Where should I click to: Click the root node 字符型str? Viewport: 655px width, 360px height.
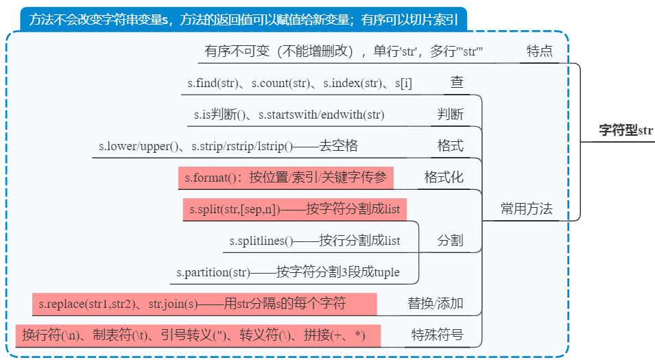pos(626,130)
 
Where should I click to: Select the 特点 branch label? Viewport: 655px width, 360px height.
pos(539,51)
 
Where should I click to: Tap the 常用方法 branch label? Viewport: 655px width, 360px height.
pos(526,209)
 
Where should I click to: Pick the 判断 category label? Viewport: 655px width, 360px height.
pos(451,115)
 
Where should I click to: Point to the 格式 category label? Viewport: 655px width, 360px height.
pos(451,146)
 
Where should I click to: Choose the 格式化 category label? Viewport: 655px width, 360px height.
pos(444,178)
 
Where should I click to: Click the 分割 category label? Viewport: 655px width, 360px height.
pos(451,241)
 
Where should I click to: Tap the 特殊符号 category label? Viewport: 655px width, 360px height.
pos(437,335)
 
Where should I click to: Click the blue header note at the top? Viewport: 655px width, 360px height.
pos(243,20)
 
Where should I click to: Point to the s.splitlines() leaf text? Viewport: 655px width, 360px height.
pos(315,241)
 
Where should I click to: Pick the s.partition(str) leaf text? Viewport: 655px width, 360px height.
pos(287,272)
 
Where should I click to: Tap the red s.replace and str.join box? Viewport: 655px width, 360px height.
pos(204,304)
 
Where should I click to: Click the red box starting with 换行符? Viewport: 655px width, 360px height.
pos(198,335)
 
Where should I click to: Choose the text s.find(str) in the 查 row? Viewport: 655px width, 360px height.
pos(213,84)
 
